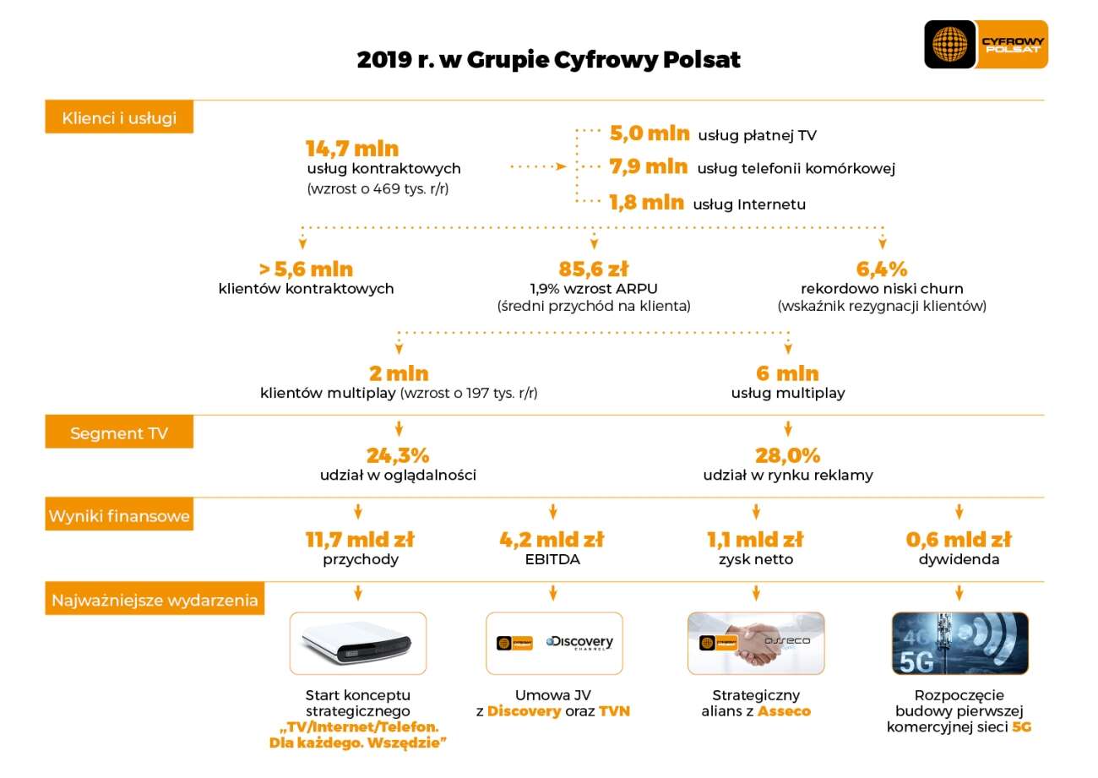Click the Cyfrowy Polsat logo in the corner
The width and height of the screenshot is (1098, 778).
point(986,45)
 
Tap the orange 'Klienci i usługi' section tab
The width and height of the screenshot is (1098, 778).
point(119,117)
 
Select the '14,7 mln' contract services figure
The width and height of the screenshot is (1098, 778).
point(352,149)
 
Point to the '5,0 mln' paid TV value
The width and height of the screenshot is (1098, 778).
point(649,133)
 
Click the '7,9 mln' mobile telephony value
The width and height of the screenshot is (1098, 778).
point(648,166)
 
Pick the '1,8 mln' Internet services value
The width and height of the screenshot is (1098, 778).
point(646,202)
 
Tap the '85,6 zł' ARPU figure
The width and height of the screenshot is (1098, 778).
point(594,269)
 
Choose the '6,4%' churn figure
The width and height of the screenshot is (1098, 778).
point(882,269)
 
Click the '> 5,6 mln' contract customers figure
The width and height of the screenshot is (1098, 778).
point(306,269)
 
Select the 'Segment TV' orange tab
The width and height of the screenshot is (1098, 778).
point(119,433)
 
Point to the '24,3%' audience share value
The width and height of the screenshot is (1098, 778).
point(398,455)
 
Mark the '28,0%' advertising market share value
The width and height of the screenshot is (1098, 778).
point(788,455)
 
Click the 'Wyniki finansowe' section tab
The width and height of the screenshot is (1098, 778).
point(119,515)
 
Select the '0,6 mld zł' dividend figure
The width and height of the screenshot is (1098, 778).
point(959,539)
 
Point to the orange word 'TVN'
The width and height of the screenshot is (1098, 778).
point(614,710)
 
